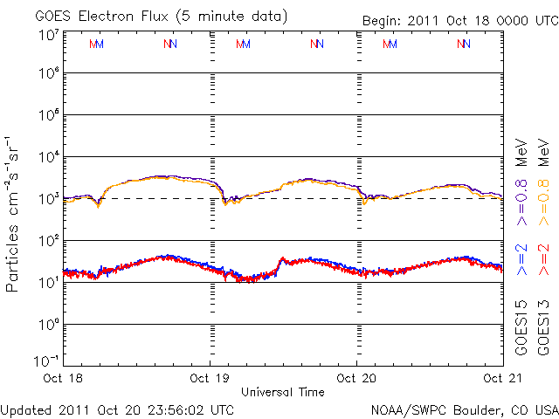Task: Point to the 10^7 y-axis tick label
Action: coord(47,35)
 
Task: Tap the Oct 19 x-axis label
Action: coord(210,378)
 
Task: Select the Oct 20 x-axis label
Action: coord(356,378)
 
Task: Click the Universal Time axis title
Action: coord(283,392)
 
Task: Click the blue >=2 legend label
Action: coord(522,259)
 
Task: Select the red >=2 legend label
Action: coord(544,259)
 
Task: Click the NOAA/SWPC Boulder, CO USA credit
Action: coord(464,409)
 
